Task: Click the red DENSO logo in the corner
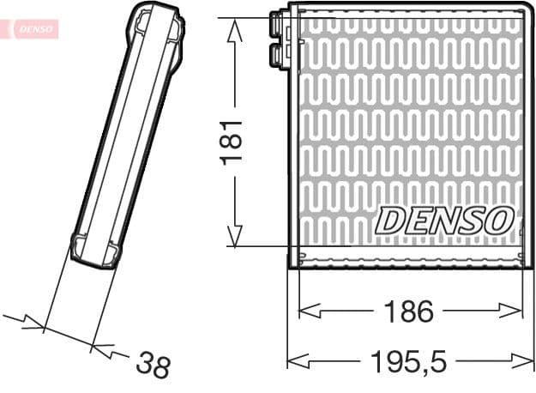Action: click(33, 28)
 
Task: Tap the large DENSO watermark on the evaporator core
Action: click(444, 220)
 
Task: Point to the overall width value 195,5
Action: click(409, 361)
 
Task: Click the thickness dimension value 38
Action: click(154, 366)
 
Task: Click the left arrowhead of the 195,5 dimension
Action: click(297, 361)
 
